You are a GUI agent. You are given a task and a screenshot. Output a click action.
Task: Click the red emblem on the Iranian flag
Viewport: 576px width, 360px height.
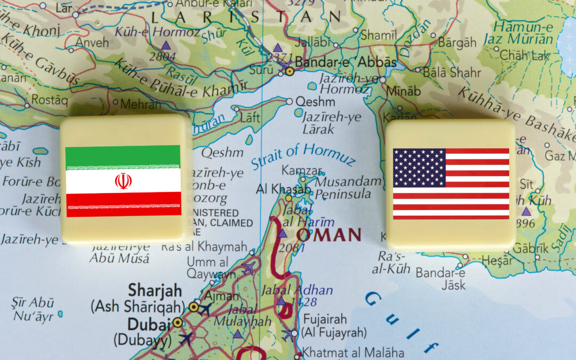click(x=123, y=181)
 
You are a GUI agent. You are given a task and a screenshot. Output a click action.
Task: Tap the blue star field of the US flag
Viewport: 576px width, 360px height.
click(x=419, y=167)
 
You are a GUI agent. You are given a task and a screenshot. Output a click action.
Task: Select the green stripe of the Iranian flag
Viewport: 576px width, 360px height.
click(x=123, y=156)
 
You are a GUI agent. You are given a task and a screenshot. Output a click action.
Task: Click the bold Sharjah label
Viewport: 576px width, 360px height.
click(x=155, y=291)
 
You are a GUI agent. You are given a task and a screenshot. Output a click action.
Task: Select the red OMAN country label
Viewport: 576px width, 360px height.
click(x=329, y=234)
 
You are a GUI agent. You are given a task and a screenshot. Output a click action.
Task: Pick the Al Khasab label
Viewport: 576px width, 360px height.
click(x=283, y=189)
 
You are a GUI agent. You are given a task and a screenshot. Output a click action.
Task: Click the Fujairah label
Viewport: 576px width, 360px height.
click(x=325, y=319)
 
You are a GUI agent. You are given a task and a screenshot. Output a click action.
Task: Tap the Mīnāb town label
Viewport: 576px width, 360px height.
click(x=403, y=91)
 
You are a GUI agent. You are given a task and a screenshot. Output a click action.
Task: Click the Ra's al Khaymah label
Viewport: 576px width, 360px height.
click(x=204, y=246)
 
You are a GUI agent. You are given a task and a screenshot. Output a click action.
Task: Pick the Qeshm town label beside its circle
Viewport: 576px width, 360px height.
click(x=315, y=101)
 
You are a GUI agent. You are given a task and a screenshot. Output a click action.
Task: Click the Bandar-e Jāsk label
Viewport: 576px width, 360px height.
click(x=441, y=280)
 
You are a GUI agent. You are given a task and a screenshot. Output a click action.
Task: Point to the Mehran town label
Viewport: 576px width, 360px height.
click(x=140, y=103)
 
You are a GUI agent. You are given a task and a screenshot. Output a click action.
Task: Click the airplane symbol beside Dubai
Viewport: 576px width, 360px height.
click(x=186, y=338)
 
